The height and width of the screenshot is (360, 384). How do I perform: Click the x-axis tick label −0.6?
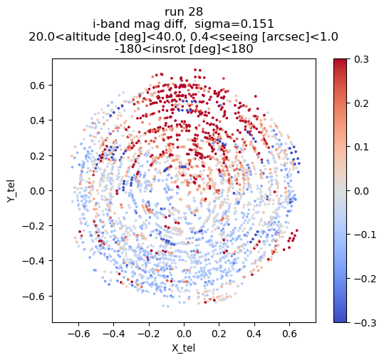tap(78, 334)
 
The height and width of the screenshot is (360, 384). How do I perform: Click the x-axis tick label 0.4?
tap(254, 334)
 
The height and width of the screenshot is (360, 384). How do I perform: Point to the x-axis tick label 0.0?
tap(184, 334)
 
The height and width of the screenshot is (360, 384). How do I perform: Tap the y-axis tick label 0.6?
tap(38, 86)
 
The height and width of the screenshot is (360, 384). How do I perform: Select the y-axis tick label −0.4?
tap(33, 261)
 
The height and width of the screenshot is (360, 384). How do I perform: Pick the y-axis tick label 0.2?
tap(38, 156)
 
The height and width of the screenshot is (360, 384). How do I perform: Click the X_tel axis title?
tap(183, 348)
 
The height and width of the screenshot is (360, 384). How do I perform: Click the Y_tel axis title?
tap(11, 191)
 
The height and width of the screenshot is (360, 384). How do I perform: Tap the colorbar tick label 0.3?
tap(361, 60)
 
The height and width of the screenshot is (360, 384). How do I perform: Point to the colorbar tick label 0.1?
tap(361, 148)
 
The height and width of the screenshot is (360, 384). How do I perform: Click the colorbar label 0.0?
tap(361, 191)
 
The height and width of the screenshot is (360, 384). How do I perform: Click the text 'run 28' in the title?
tap(184, 12)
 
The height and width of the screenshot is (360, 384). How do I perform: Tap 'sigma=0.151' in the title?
tap(234, 24)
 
